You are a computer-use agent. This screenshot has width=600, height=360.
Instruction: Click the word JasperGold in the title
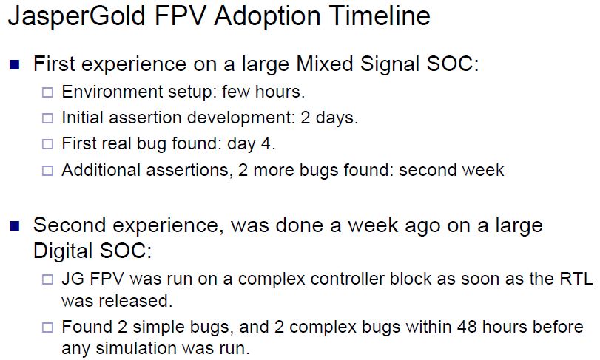coord(75,16)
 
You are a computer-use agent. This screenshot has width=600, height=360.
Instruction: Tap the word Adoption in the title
coord(267,16)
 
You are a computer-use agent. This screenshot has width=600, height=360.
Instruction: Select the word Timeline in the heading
coord(380,16)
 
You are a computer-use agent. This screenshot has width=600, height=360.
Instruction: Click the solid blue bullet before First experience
coord(15,64)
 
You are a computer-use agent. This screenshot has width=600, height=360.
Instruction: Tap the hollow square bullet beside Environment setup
coord(47,92)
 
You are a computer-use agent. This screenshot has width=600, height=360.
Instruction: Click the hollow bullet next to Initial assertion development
coord(47,118)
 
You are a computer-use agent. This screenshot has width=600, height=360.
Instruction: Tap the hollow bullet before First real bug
coord(47,144)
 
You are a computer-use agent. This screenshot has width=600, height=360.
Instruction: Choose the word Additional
coord(101,170)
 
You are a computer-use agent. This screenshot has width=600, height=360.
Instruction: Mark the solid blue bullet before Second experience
coord(15,226)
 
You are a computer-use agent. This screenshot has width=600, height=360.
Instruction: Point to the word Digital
coord(63,251)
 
